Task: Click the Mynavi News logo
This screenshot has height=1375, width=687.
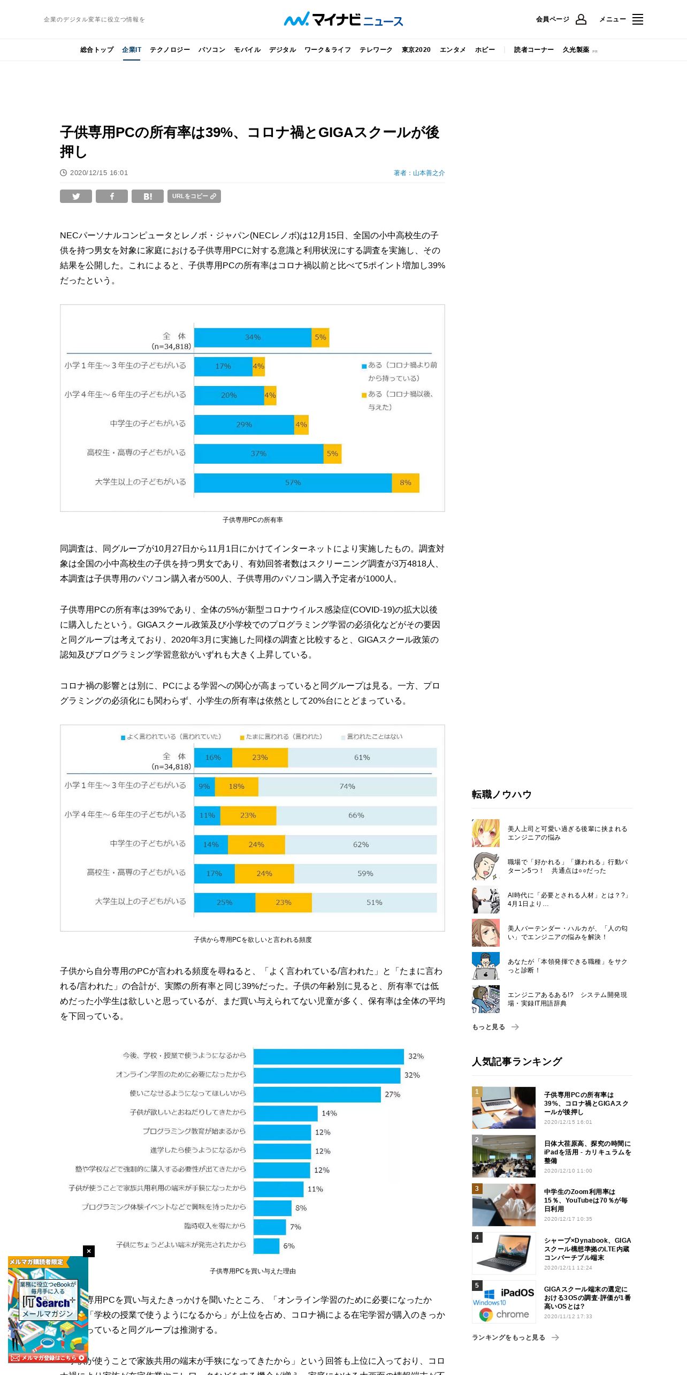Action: tap(343, 20)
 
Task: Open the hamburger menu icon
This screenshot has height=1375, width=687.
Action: tap(637, 20)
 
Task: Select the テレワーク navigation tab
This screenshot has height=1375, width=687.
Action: tap(376, 50)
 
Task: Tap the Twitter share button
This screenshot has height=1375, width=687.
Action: tap(76, 197)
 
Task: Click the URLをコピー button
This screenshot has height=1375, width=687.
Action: tap(194, 197)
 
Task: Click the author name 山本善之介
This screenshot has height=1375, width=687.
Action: tap(429, 173)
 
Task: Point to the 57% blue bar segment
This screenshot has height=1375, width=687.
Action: tap(293, 482)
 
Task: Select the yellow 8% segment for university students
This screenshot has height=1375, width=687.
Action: tap(406, 482)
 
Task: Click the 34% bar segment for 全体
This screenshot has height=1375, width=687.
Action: tap(253, 337)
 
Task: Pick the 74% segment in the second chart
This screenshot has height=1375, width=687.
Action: tap(347, 787)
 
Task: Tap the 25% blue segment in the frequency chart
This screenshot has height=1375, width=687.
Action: tap(224, 902)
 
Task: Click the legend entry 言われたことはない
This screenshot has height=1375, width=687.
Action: tap(374, 737)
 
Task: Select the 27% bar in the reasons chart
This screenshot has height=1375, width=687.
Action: tap(317, 1094)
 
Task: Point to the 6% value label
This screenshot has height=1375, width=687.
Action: tap(289, 1246)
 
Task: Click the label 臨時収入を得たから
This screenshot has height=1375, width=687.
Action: tap(215, 1226)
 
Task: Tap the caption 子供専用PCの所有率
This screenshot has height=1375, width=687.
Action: tap(253, 520)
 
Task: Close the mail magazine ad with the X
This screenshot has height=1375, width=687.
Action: tap(89, 1251)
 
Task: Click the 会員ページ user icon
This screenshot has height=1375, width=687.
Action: tap(581, 20)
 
